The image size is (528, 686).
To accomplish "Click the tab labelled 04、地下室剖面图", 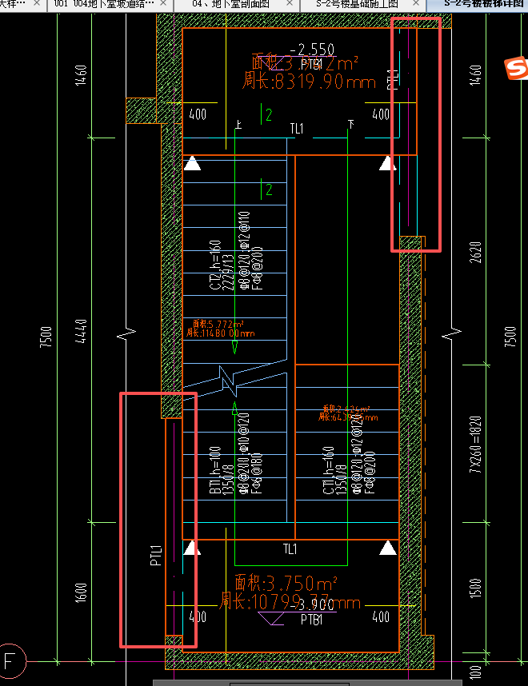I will (x=231, y=4).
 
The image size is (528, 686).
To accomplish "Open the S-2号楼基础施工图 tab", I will (x=356, y=4).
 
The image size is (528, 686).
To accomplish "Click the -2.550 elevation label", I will (x=312, y=50).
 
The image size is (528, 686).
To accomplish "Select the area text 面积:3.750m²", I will (x=286, y=582).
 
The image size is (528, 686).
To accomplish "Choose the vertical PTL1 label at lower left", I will (x=156, y=556).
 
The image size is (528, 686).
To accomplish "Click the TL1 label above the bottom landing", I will (x=290, y=549).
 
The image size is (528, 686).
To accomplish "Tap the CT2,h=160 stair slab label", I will (x=215, y=265).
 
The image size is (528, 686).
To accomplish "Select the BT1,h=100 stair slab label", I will (x=215, y=471).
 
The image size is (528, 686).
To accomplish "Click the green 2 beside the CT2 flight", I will (x=269, y=189).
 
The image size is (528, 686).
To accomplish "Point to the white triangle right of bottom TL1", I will (x=388, y=548).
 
